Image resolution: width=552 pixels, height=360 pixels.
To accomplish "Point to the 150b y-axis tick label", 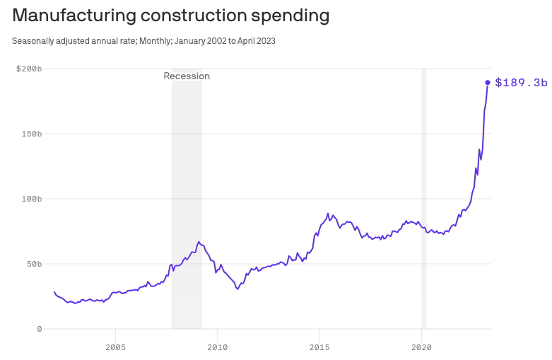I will tap(31, 134).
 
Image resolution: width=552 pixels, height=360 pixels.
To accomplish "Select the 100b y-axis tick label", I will tap(31, 199).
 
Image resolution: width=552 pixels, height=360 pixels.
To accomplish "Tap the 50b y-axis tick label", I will tap(33, 264).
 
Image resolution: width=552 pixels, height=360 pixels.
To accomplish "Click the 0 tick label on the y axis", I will tap(39, 329).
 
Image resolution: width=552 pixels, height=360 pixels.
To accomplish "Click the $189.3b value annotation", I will tap(521, 83).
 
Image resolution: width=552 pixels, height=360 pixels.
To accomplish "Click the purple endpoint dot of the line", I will tap(488, 83).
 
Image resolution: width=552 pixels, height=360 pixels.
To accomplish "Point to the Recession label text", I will tap(187, 76).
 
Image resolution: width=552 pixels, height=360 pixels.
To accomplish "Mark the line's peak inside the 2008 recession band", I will tap(199, 242).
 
